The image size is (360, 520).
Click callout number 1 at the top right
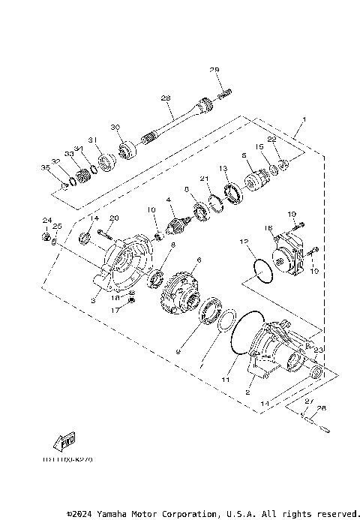(304, 119)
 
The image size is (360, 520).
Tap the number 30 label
(115, 128)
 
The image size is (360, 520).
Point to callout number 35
(44, 168)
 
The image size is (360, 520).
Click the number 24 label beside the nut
(46, 221)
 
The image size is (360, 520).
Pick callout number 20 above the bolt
(115, 218)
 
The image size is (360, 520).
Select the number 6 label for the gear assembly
(198, 260)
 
